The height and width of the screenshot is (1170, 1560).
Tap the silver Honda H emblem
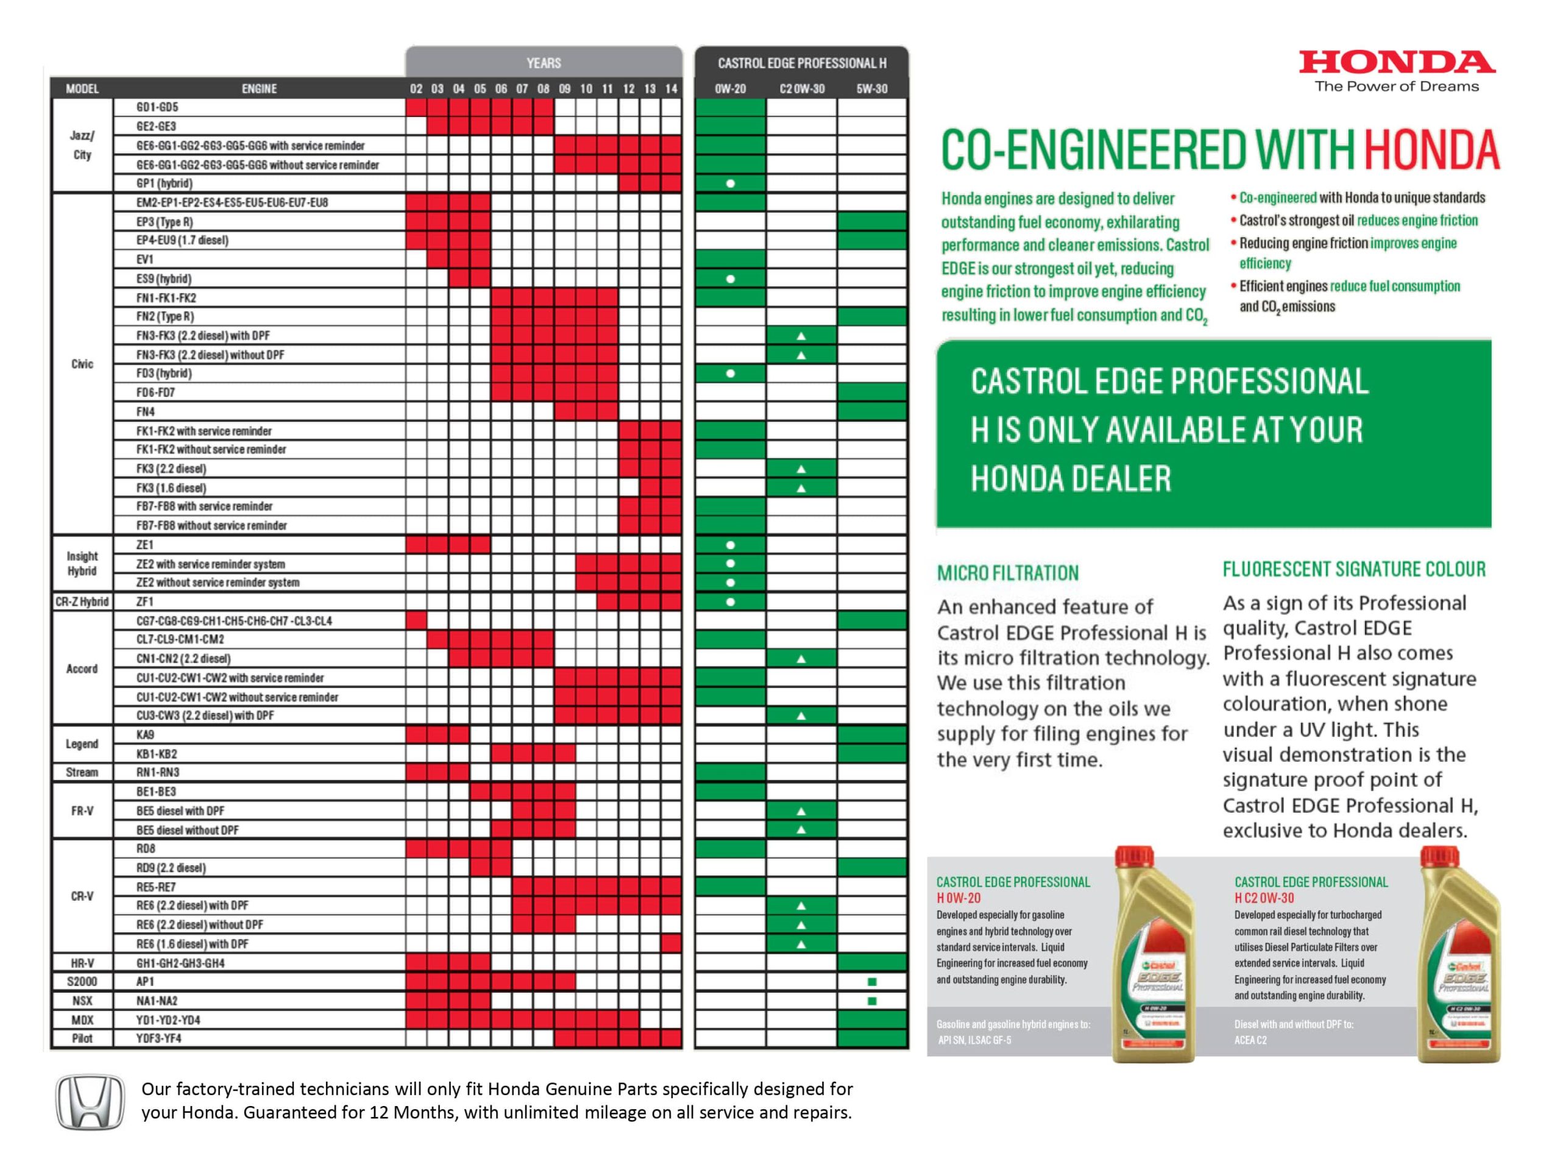pyautogui.click(x=90, y=1102)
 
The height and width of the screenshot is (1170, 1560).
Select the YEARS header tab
pyautogui.click(x=543, y=63)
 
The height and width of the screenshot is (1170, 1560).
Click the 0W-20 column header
pyautogui.click(x=730, y=89)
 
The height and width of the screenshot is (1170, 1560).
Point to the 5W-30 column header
pyautogui.click(x=871, y=89)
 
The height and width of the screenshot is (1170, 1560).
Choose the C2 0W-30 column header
pyautogui.click(x=801, y=89)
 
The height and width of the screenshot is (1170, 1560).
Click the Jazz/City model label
pyautogui.click(x=82, y=145)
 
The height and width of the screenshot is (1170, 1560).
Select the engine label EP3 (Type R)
pyautogui.click(x=165, y=221)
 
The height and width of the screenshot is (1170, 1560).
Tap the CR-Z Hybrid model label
pyautogui.click(x=82, y=601)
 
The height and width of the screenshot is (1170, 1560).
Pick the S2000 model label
pyautogui.click(x=82, y=981)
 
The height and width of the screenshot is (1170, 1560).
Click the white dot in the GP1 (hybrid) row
pyautogui.click(x=731, y=183)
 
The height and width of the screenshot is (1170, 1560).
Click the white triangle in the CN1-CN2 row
pyautogui.click(x=801, y=659)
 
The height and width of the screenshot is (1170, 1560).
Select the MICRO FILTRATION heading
pyautogui.click(x=1007, y=573)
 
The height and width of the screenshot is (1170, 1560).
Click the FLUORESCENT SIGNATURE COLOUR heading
pyautogui.click(x=1353, y=569)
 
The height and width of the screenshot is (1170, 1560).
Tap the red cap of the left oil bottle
pyautogui.click(x=1133, y=860)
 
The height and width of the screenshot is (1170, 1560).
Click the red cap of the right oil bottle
pyautogui.click(x=1438, y=860)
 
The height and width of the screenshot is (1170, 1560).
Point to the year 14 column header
pyautogui.click(x=671, y=89)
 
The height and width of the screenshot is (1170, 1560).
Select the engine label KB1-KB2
pyautogui.click(x=157, y=754)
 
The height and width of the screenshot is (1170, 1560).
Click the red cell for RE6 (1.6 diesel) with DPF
pyautogui.click(x=672, y=943)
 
